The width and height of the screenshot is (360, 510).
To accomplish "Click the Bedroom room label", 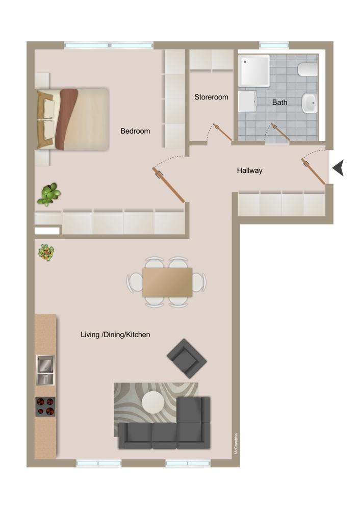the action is (x=135, y=131).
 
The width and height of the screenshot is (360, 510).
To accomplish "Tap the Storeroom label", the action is (x=212, y=97).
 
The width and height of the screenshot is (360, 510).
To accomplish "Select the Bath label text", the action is (x=279, y=103).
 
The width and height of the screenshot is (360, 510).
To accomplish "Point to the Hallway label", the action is (x=249, y=170).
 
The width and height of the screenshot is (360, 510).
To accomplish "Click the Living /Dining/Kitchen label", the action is (x=115, y=335).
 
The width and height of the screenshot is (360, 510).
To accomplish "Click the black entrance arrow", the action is (x=338, y=168).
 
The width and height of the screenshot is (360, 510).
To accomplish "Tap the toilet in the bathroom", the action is (x=307, y=69).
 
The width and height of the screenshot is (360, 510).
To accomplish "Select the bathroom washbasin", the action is (x=310, y=104).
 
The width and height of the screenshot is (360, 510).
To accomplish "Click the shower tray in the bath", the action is (x=253, y=70).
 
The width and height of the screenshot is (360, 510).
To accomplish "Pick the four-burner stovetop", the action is (x=45, y=406).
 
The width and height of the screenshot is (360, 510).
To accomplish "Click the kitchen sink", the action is (x=45, y=370).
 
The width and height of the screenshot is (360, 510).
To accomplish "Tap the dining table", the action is (x=167, y=283).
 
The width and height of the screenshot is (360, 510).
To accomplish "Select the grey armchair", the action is (x=187, y=359).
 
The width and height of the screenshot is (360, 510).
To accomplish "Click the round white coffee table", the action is (x=153, y=402).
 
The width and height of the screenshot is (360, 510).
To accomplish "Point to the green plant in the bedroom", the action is (x=49, y=194).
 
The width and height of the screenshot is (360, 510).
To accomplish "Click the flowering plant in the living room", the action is (x=46, y=252).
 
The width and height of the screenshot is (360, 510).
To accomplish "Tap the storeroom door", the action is (x=222, y=132).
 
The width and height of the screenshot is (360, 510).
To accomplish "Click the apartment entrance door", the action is (x=313, y=171).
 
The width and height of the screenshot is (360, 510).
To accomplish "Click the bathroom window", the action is (x=274, y=45).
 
